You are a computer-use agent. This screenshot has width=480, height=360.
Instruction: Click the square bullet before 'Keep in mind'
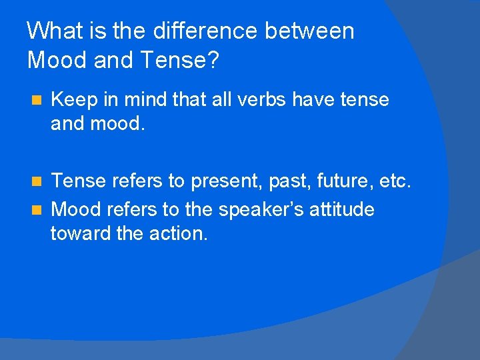(37, 101)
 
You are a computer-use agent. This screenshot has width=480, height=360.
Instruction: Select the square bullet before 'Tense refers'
(37, 181)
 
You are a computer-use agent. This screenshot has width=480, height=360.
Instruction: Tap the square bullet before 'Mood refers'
(37, 210)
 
